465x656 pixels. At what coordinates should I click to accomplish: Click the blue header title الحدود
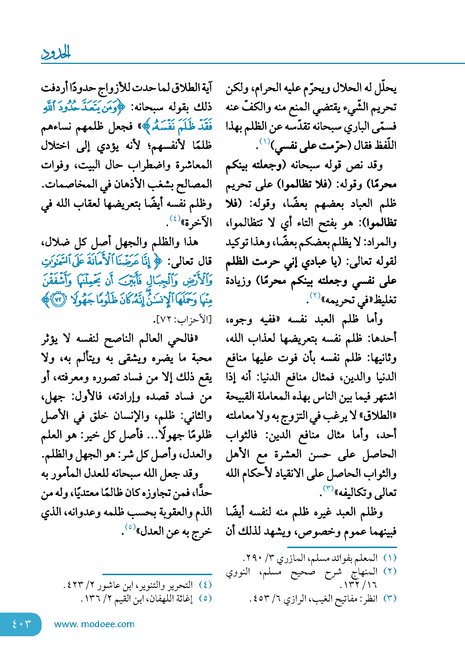tap(56, 53)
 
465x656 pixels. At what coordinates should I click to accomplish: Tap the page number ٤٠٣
tap(21, 624)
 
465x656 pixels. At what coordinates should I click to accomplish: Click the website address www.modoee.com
tap(94, 624)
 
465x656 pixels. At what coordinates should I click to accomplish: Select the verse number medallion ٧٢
tap(58, 300)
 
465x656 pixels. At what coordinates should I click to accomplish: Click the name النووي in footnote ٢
tap(238, 572)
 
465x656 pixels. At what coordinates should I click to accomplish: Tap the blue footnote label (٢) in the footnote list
tap(390, 572)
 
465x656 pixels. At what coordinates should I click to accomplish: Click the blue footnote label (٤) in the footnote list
tap(205, 585)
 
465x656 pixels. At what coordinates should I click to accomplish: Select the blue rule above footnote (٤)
tap(157, 574)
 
